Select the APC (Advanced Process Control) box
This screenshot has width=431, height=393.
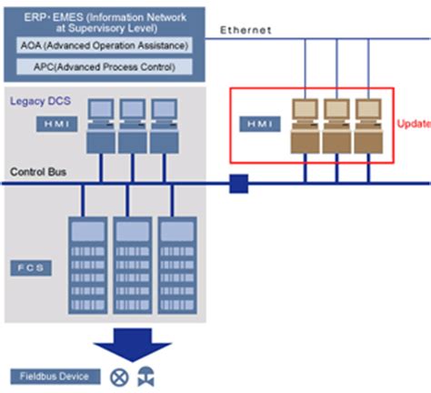click(105, 66)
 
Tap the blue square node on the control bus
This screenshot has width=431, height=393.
click(238, 185)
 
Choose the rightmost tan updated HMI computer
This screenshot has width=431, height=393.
click(366, 123)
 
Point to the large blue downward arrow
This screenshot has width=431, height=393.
click(135, 341)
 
